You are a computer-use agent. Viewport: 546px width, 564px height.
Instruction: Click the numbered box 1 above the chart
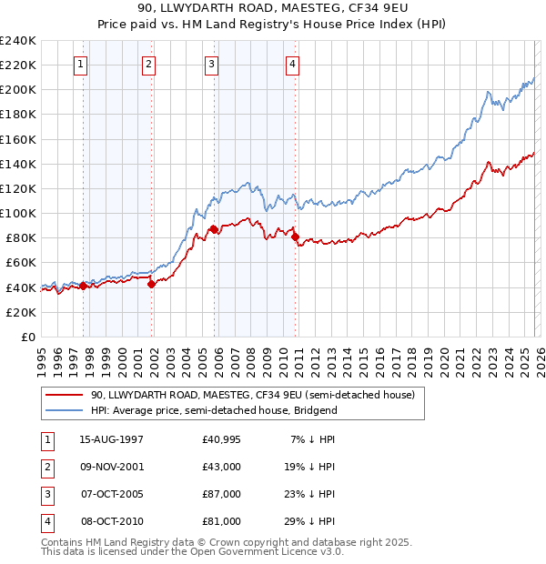click(x=82, y=64)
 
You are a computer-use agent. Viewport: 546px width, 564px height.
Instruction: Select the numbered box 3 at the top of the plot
click(x=211, y=64)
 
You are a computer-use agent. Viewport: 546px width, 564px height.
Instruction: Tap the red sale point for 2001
click(x=152, y=284)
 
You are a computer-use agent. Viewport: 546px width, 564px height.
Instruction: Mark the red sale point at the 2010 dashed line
click(x=296, y=237)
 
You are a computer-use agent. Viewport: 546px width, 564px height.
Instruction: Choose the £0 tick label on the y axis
click(x=26, y=337)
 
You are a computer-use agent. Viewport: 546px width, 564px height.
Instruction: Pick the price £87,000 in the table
click(x=221, y=495)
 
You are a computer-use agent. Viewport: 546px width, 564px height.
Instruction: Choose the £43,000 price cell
click(x=221, y=468)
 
